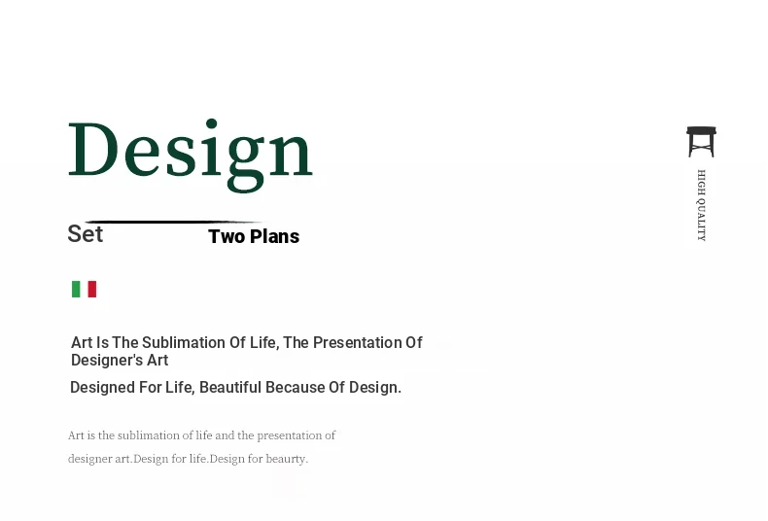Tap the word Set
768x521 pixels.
coord(86,233)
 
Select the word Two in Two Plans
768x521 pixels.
coord(227,236)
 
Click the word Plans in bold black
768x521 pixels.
coord(274,236)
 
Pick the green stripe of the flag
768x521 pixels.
coord(76,289)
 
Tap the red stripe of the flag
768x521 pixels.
coord(92,289)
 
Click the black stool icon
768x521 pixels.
coord(701,142)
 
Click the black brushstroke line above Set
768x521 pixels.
coord(174,222)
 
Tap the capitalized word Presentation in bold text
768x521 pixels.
coord(357,342)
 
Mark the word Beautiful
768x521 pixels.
coord(230,387)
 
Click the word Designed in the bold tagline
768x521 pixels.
coord(102,387)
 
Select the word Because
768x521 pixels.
coord(296,387)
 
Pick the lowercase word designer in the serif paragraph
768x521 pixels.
coord(90,459)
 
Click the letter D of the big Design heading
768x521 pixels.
coord(93,149)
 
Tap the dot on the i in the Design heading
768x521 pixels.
coord(211,123)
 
